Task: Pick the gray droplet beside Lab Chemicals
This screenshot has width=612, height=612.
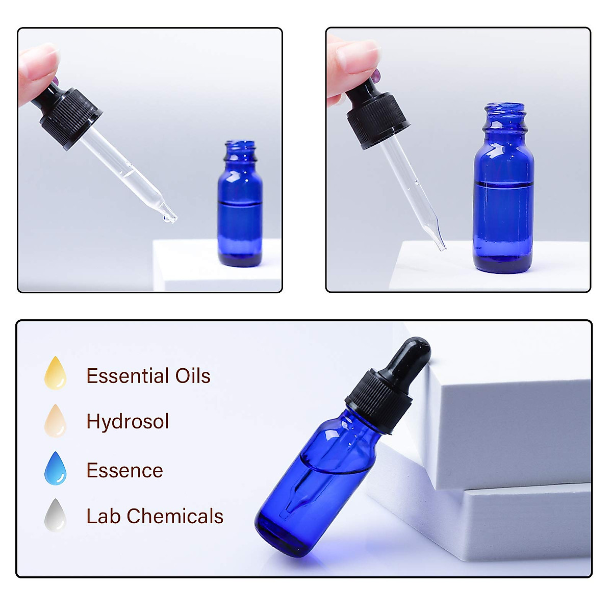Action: pyautogui.click(x=56, y=516)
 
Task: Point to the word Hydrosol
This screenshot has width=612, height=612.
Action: pyautogui.click(x=127, y=422)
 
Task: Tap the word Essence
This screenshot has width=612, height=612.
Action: pyautogui.click(x=124, y=470)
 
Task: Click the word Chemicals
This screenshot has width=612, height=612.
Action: pyautogui.click(x=175, y=516)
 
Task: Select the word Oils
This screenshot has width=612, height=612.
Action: pyautogui.click(x=193, y=376)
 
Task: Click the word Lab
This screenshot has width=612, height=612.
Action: pyautogui.click(x=104, y=516)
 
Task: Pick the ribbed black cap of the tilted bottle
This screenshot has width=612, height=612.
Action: pyautogui.click(x=378, y=403)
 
